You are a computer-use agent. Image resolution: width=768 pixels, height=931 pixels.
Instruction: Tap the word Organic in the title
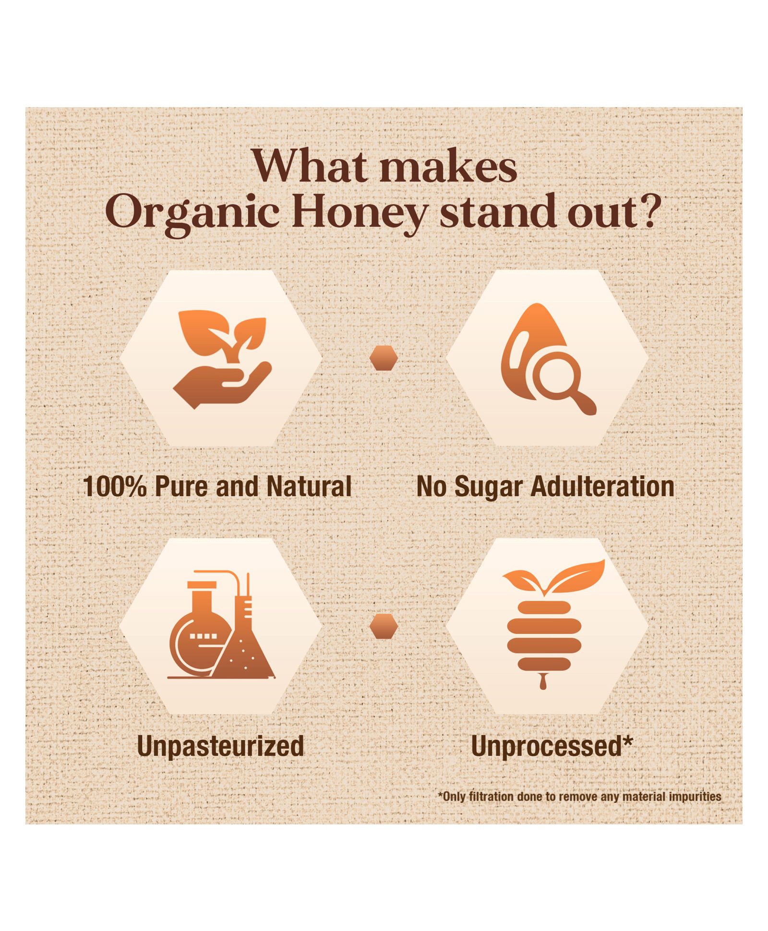click(x=192, y=214)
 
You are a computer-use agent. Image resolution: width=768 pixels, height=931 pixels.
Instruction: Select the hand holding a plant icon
click(x=222, y=359)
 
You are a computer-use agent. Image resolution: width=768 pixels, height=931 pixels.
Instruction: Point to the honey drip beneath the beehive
click(x=543, y=681)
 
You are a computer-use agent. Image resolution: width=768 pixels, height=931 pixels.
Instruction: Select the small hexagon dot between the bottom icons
click(x=384, y=626)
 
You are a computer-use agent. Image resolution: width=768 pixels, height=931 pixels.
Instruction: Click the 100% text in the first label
click(x=115, y=486)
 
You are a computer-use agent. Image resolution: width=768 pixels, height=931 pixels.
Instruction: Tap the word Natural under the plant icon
click(x=309, y=486)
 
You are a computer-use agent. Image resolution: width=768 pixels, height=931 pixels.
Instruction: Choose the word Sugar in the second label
click(x=488, y=487)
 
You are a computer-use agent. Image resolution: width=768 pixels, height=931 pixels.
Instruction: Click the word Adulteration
click(x=602, y=486)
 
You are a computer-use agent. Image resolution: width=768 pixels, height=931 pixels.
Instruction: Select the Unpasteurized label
click(x=220, y=747)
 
